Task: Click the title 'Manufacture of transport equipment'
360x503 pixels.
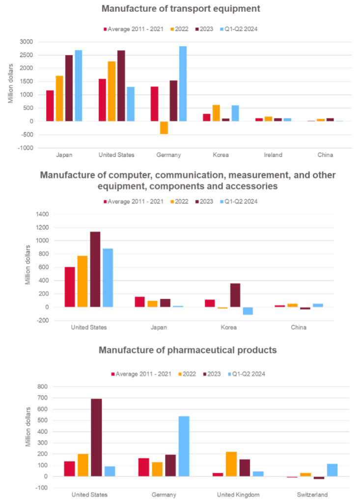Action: [x=180, y=9]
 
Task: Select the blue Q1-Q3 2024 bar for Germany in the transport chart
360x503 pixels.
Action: [x=183, y=84]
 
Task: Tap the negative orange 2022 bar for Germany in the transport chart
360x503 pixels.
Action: [x=164, y=128]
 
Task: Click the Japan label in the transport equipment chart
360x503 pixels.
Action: [x=64, y=155]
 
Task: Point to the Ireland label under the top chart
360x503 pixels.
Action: [x=273, y=155]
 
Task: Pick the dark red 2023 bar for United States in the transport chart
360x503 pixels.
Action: [x=121, y=85]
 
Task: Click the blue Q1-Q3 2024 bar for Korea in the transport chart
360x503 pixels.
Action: [x=235, y=113]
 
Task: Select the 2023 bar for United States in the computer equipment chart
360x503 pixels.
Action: [x=95, y=269]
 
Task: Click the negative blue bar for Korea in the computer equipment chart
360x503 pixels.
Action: [x=248, y=311]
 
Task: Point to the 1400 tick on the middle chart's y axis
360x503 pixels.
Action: [x=42, y=214]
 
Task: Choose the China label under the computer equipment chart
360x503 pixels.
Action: [x=299, y=327]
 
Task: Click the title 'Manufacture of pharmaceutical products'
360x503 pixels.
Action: [x=188, y=350]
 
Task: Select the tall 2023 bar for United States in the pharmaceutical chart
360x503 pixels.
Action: [x=96, y=437]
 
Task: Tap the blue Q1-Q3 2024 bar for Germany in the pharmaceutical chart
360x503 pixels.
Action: [x=183, y=446]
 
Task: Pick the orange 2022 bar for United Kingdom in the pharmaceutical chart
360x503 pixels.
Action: [x=231, y=464]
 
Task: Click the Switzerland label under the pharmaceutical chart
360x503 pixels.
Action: [x=312, y=494]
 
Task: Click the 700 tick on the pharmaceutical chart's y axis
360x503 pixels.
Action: [x=43, y=398]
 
